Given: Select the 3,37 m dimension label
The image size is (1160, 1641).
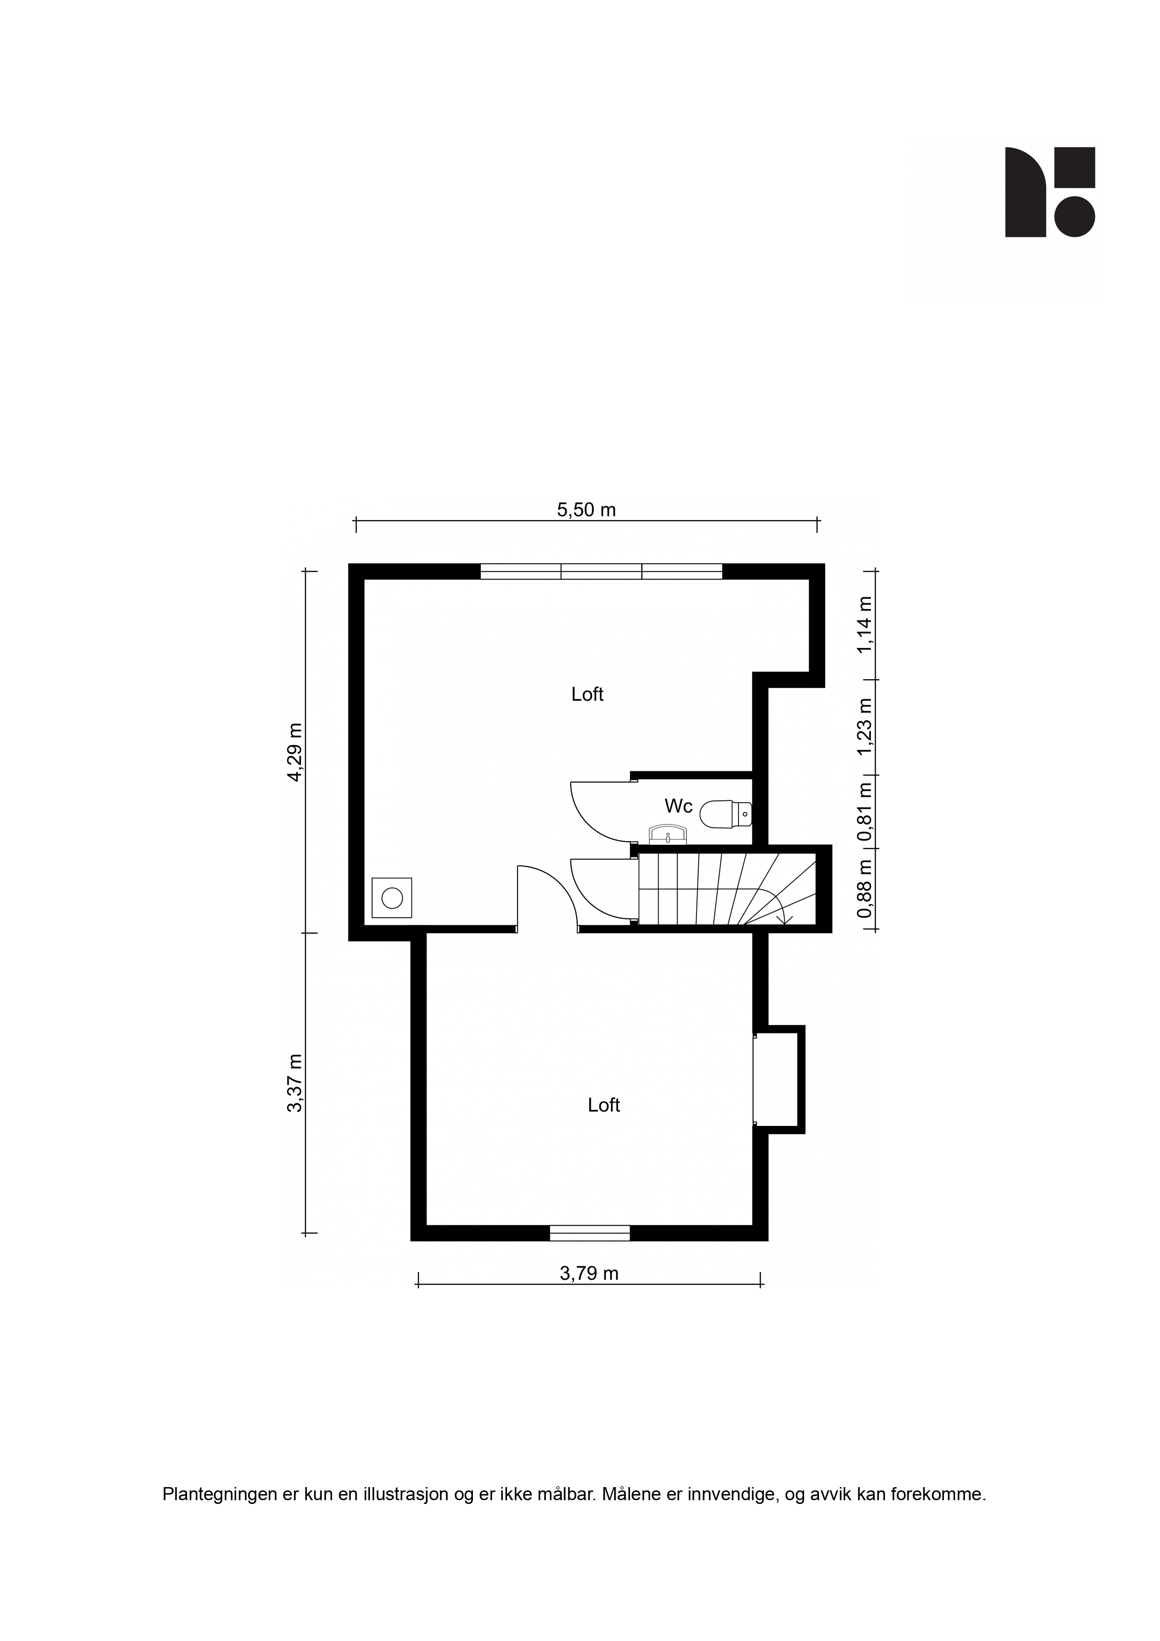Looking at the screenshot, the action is tap(295, 1083).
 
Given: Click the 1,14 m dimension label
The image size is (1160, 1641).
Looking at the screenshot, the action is tap(865, 624).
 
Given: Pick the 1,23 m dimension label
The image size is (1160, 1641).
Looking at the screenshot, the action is tap(865, 726).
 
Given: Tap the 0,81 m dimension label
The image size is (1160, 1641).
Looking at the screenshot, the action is tap(865, 812).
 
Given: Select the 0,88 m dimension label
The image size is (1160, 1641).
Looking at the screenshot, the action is tap(865, 888).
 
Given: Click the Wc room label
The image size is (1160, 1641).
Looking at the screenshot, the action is tap(678, 806).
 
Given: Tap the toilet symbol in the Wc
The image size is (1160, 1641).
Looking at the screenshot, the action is tap(725, 814).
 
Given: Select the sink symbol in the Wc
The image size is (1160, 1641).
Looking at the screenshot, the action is tap(667, 835).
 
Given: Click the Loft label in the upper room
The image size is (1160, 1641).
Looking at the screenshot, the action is tap(587, 694).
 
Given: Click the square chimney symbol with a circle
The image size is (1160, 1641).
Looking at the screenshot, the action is tap(391, 898).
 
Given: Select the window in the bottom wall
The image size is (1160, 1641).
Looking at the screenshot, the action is tap(590, 1233).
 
